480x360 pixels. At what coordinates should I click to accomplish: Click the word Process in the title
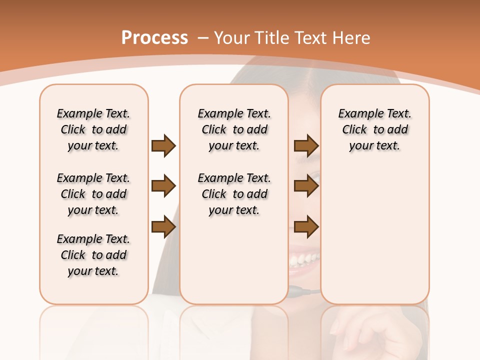(154, 38)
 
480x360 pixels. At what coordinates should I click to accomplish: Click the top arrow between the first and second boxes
(163, 146)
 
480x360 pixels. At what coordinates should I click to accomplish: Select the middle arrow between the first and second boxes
(163, 186)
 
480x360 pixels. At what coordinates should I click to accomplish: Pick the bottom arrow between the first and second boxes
(163, 227)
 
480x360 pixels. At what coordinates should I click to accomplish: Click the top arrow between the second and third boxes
(306, 146)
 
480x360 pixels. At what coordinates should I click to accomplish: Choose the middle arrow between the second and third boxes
(306, 186)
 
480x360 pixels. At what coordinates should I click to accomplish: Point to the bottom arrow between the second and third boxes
(306, 227)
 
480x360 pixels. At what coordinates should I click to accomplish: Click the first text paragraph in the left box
(93, 129)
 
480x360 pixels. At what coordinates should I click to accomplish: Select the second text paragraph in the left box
(93, 194)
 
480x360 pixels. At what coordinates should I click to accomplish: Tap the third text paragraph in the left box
(93, 255)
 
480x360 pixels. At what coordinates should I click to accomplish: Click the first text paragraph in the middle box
(234, 129)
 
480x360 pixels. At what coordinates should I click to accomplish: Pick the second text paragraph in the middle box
(234, 194)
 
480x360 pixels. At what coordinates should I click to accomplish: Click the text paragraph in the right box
(374, 129)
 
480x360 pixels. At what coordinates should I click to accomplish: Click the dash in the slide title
(203, 38)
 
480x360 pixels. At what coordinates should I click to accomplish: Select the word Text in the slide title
(311, 38)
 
